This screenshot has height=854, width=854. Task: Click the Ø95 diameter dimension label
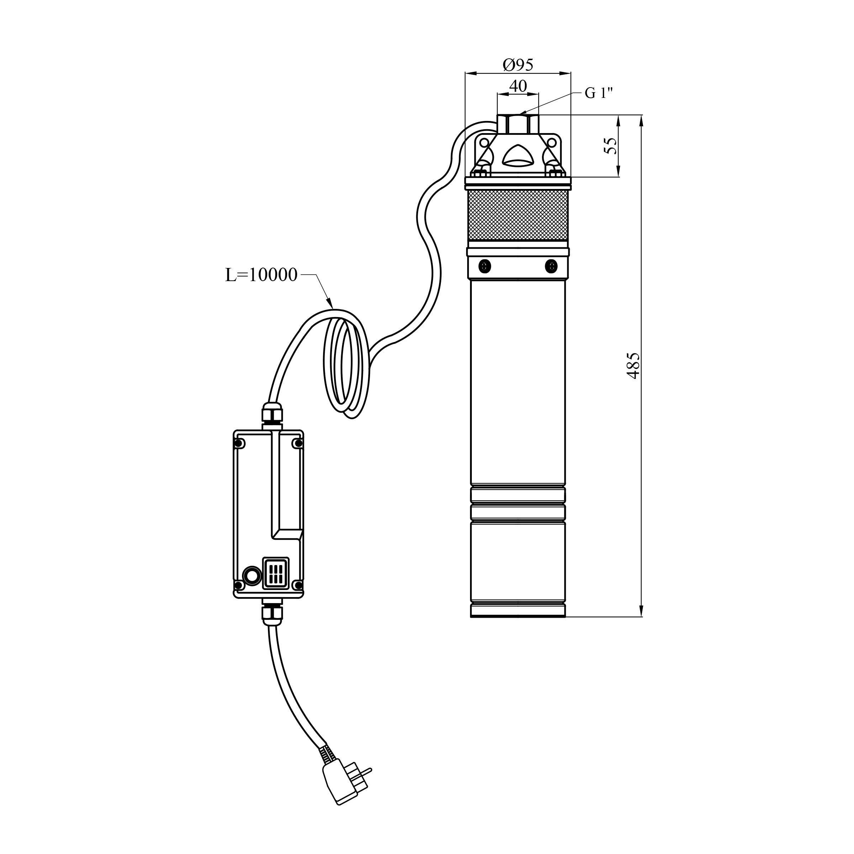[x=518, y=65]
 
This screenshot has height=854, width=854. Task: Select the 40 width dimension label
[x=518, y=86]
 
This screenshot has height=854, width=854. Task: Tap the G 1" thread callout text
[x=599, y=93]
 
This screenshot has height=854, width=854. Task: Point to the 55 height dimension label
[x=610, y=146]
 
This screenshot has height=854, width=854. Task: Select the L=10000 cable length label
[x=261, y=275]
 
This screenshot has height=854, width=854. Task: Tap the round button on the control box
[x=252, y=576]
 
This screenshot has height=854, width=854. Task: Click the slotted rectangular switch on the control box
[x=276, y=573]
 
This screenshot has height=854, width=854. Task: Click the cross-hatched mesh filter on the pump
[x=518, y=215]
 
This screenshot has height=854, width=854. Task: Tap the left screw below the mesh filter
[x=485, y=266]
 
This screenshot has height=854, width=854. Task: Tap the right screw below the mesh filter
[x=551, y=266]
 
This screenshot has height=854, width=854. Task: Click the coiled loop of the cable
[x=344, y=365]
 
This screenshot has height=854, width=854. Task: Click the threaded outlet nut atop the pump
[x=518, y=124]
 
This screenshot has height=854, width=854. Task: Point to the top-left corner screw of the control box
[x=239, y=443]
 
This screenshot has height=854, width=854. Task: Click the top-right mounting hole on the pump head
[x=552, y=142]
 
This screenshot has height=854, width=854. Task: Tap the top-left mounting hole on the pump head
[x=484, y=142]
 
